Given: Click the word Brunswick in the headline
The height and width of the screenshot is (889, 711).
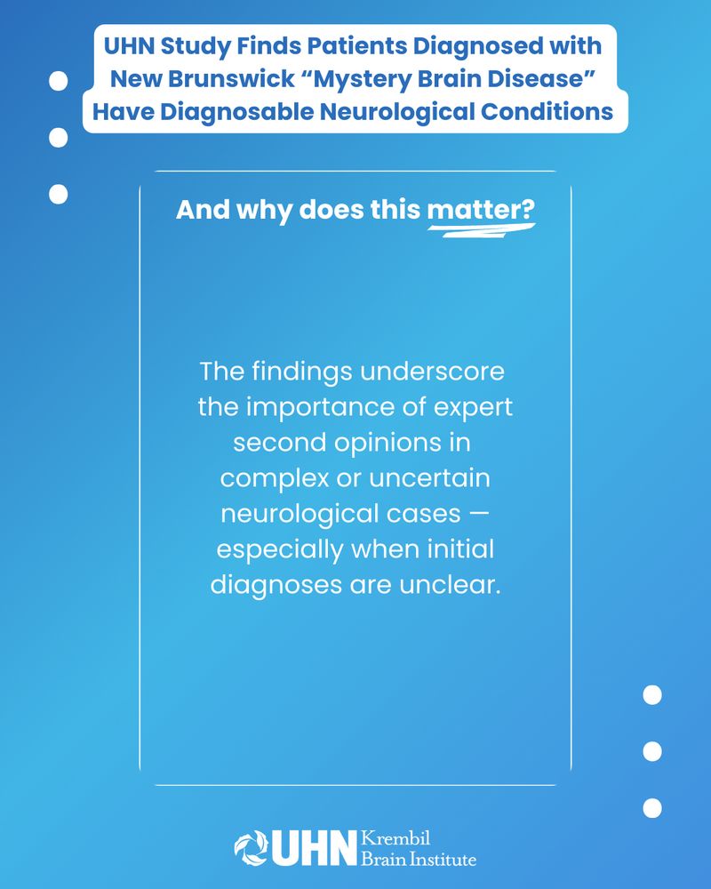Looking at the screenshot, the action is pyautogui.click(x=231, y=78).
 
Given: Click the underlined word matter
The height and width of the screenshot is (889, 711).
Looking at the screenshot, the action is pyautogui.click(x=481, y=210).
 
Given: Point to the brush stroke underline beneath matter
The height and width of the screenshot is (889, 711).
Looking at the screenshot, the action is pyautogui.click(x=482, y=229).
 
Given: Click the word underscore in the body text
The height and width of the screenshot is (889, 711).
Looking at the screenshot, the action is pyautogui.click(x=432, y=372).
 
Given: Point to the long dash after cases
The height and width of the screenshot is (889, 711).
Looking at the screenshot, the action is pyautogui.click(x=478, y=514).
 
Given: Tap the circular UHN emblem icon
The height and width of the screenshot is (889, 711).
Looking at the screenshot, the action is pyautogui.click(x=252, y=848).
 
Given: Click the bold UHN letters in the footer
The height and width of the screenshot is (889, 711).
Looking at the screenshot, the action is pyautogui.click(x=314, y=849).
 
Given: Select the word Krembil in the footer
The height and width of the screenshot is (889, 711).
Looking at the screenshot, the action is pyautogui.click(x=395, y=838).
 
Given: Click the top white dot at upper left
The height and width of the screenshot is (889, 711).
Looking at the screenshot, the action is pyautogui.click(x=59, y=81).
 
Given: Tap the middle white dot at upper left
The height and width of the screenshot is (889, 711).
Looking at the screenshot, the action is pyautogui.click(x=59, y=138).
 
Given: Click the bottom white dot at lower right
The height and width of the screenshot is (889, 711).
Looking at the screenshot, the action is pyautogui.click(x=652, y=808).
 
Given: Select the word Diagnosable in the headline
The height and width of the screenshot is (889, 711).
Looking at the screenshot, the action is pyautogui.click(x=238, y=112).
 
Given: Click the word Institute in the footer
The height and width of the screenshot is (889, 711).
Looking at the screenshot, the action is pyautogui.click(x=443, y=859).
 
